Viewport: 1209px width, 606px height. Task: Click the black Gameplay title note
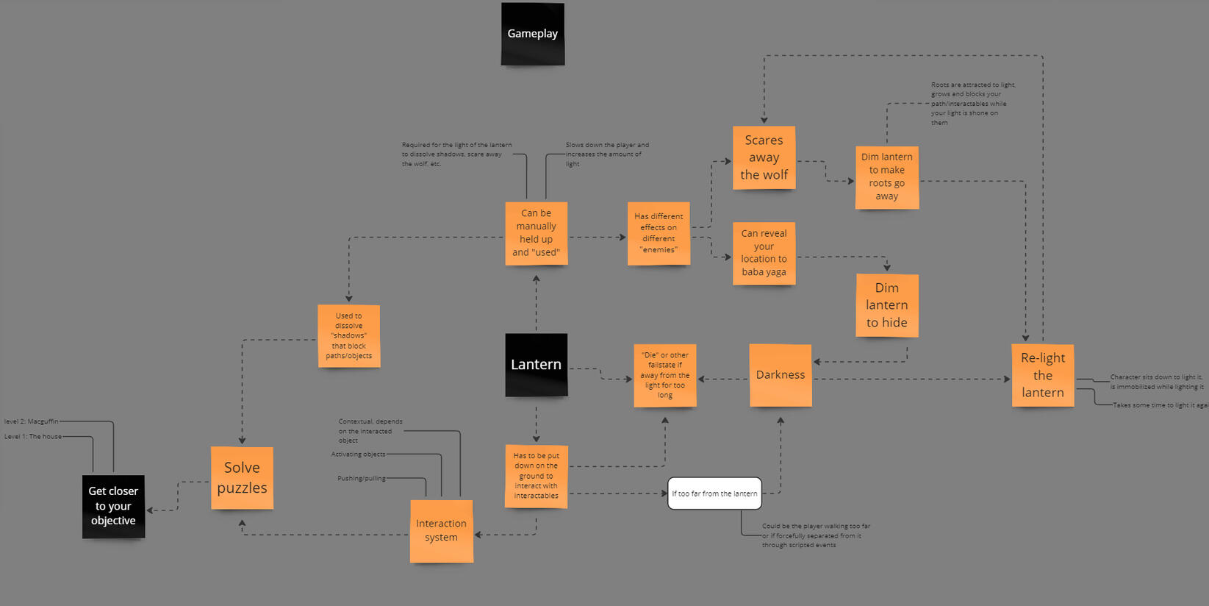533,34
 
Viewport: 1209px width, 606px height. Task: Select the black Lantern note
536,365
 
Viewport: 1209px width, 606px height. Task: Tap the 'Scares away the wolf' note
764,157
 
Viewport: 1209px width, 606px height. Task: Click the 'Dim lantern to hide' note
886,305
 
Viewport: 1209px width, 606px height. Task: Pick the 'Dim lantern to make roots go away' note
886,177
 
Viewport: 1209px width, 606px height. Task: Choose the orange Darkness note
780,375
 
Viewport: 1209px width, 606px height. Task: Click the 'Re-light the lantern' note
1042,375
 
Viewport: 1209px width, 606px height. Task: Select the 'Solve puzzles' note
242,478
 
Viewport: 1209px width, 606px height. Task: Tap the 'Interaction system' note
441,531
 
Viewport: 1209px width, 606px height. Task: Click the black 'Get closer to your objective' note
113,506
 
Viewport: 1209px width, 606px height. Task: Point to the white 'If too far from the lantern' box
714,493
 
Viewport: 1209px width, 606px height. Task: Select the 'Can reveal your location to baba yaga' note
764,253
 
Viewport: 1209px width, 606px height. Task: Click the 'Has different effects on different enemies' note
659,233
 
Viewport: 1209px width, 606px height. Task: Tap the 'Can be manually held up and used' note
536,233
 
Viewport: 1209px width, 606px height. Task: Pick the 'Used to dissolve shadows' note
348,336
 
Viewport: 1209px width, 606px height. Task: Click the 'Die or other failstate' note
664,375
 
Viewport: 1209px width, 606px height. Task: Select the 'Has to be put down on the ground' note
536,476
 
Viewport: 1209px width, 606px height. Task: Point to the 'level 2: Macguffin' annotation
32,421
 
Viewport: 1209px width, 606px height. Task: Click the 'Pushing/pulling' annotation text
362,478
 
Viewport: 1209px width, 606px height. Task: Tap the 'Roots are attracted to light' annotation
972,104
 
